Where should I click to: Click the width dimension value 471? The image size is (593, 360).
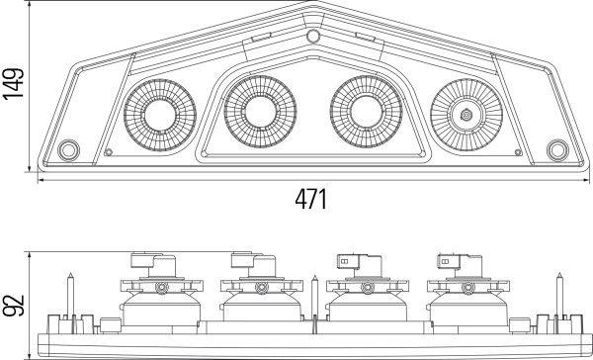[x=310, y=198]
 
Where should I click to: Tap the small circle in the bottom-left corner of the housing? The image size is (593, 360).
[x=68, y=150]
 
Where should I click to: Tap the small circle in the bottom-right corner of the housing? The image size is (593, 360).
[x=556, y=150]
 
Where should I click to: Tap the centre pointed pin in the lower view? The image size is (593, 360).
[x=312, y=297]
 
